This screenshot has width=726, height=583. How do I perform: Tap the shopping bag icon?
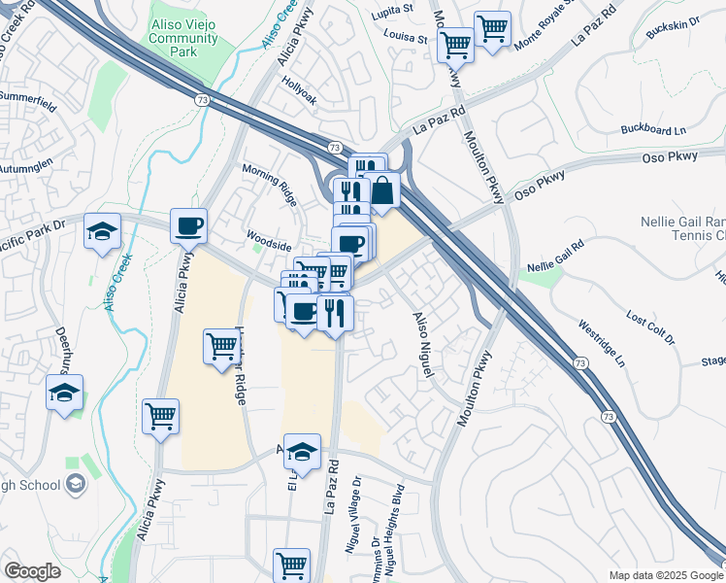pyautogui.click(x=383, y=190)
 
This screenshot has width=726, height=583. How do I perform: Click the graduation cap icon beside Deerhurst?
pyautogui.click(x=65, y=394)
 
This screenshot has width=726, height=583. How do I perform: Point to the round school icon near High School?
pyautogui.click(x=75, y=484)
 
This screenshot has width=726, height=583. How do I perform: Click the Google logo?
pyautogui.click(x=32, y=571)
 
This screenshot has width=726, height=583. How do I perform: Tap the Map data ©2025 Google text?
pyautogui.click(x=665, y=575)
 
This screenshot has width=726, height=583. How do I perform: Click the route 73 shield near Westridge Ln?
pyautogui.click(x=579, y=362)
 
